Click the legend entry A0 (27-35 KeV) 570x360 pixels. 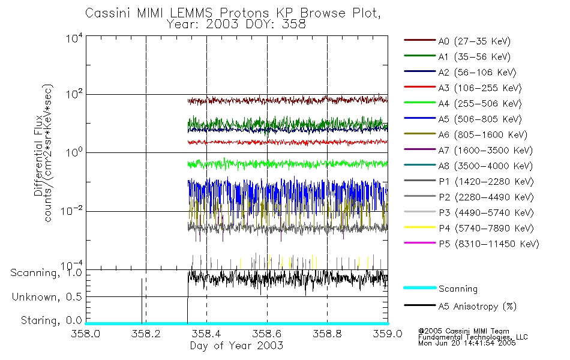coord(475,41)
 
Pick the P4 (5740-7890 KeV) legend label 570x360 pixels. coord(486,229)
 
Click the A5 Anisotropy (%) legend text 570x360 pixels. coord(478,307)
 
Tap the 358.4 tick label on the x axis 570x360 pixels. coord(206,334)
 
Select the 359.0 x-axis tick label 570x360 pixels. coord(387,334)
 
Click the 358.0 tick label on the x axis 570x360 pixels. coord(86,334)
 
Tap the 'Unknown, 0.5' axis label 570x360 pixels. coord(45,297)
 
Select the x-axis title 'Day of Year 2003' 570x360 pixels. coord(236,346)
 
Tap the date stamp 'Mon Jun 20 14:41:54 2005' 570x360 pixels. coord(472,344)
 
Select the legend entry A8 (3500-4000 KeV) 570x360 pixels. coord(485,166)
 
